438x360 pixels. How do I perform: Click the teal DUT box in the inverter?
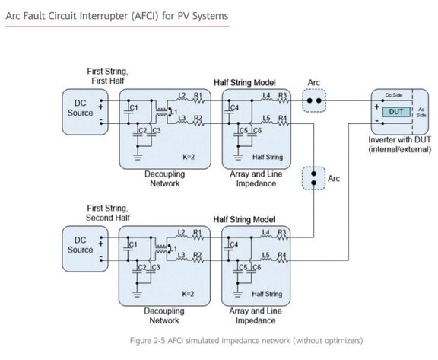(x=396, y=112)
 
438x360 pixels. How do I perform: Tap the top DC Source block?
(x=85, y=112)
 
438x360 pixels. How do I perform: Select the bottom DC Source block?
(x=85, y=249)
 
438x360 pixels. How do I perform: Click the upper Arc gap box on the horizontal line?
(x=314, y=100)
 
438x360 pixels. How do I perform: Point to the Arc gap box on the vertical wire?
(x=313, y=178)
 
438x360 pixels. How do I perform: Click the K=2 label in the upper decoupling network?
(x=189, y=157)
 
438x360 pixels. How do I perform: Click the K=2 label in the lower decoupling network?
(x=188, y=294)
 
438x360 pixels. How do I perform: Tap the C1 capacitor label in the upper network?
(x=134, y=107)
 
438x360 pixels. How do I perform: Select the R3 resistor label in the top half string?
(x=282, y=95)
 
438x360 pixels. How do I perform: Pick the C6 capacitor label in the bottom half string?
(x=257, y=267)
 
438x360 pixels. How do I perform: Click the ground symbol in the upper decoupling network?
(x=138, y=158)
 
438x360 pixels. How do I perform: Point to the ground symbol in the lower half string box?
(x=237, y=295)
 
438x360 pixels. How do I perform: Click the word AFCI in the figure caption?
(x=175, y=341)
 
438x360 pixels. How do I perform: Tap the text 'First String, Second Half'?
(x=108, y=213)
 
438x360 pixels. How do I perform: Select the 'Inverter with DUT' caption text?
(x=399, y=139)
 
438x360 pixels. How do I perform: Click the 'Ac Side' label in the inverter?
(x=421, y=113)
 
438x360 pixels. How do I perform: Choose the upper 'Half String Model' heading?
(x=245, y=83)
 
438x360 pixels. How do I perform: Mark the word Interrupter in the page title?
(x=105, y=16)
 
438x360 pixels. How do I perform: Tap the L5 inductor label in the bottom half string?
(x=266, y=255)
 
